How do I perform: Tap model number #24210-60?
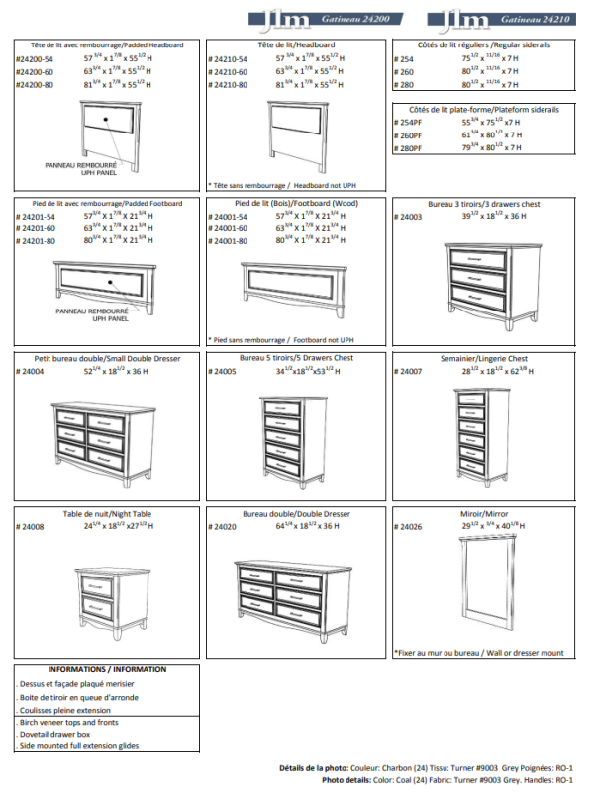tap(228, 72)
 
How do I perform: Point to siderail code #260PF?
tap(408, 134)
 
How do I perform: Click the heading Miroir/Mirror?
tap(483, 515)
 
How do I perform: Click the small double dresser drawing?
tap(105, 442)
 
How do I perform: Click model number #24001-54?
tap(228, 216)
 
